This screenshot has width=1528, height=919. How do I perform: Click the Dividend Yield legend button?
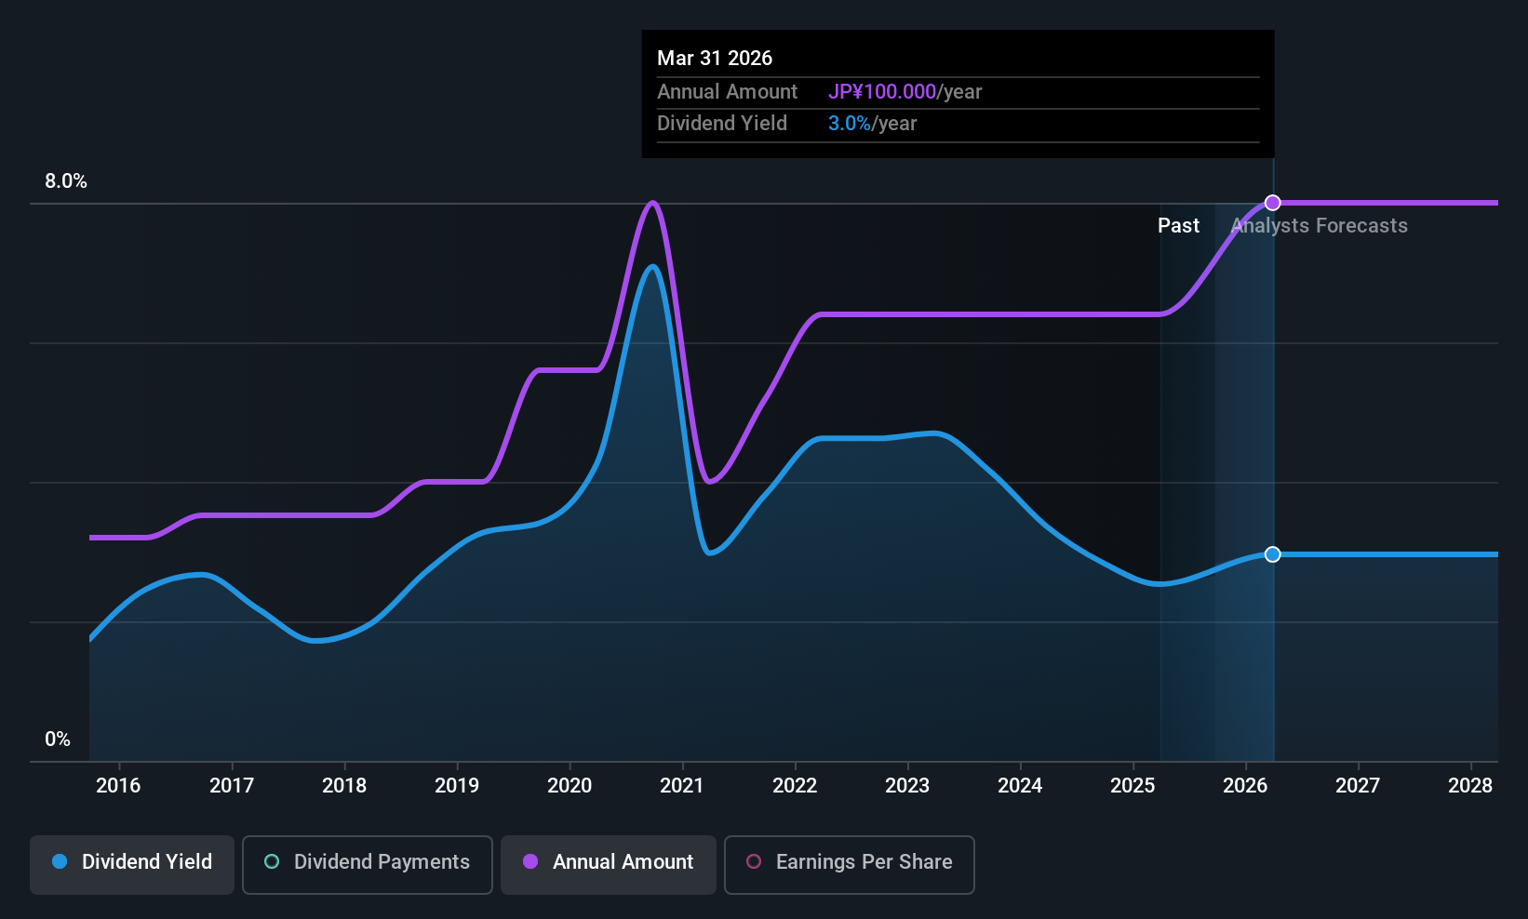coord(132,862)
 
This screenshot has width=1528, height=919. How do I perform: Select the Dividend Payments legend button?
coord(367,862)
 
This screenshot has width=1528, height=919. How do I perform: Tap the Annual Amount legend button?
coord(609,862)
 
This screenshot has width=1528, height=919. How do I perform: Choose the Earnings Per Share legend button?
coord(849,862)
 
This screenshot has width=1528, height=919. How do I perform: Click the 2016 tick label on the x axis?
coord(118,786)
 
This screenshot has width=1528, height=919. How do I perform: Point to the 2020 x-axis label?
coord(570,786)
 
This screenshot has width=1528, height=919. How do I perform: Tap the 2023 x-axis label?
coord(907,786)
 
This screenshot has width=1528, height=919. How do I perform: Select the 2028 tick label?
coord(1470,786)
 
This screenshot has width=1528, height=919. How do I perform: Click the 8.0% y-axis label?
coord(66,181)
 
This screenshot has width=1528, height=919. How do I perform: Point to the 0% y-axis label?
coord(58,739)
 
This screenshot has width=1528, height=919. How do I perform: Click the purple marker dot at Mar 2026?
coord(1273,203)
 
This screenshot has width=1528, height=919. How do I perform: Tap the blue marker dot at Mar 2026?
coord(1273,554)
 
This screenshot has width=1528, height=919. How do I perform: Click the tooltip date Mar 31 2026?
coord(715,59)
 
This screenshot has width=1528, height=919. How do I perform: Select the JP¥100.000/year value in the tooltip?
coord(905,92)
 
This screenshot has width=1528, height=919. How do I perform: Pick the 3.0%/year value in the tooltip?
coord(872,124)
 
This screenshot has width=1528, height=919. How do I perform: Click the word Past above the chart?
coord(1178,226)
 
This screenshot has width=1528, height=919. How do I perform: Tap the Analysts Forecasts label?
coord(1320,226)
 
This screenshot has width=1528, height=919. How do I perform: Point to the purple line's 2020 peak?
coord(653,203)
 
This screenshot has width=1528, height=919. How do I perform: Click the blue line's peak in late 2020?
coord(653,268)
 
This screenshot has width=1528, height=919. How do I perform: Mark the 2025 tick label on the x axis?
coord(1133,786)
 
